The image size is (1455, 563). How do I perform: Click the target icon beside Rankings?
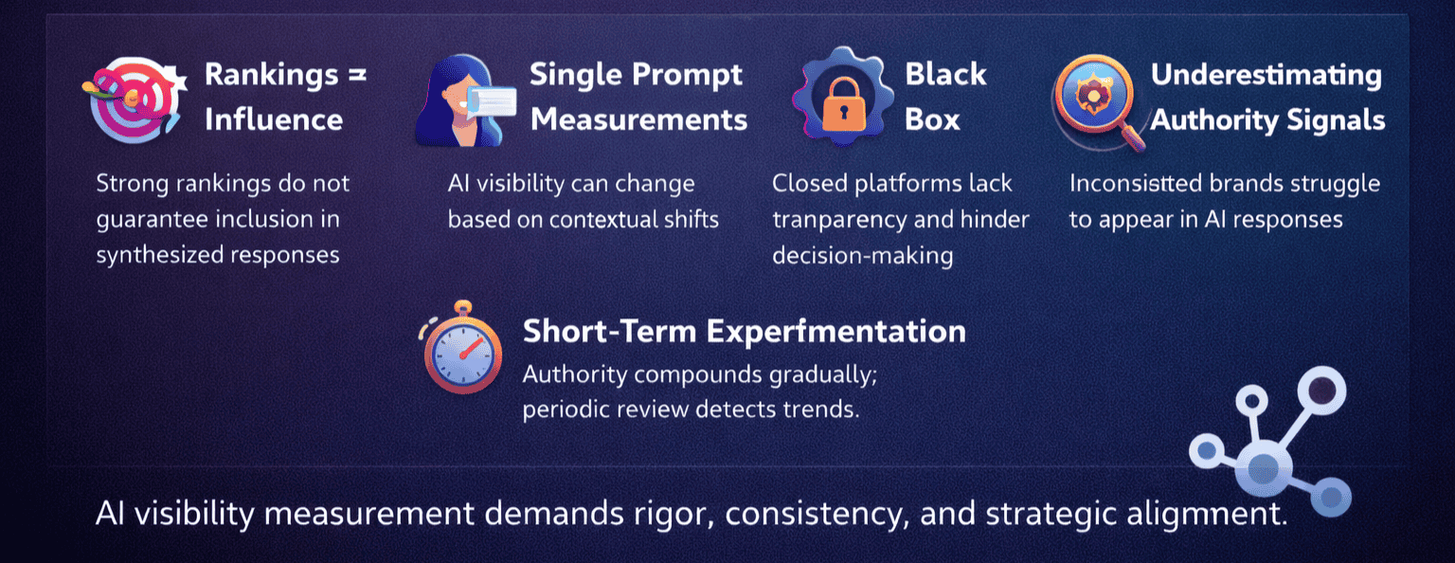click(135, 99)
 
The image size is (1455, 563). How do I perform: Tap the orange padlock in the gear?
click(844, 104)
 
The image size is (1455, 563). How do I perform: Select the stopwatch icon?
click(461, 348)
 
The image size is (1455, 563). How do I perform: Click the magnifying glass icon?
click(1096, 100)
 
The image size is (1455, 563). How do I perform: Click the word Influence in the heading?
click(274, 120)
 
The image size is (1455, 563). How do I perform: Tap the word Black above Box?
click(945, 74)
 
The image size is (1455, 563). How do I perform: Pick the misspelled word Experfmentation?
click(836, 332)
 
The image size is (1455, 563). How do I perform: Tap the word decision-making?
click(863, 256)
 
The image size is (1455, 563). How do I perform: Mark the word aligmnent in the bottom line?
click(1206, 515)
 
